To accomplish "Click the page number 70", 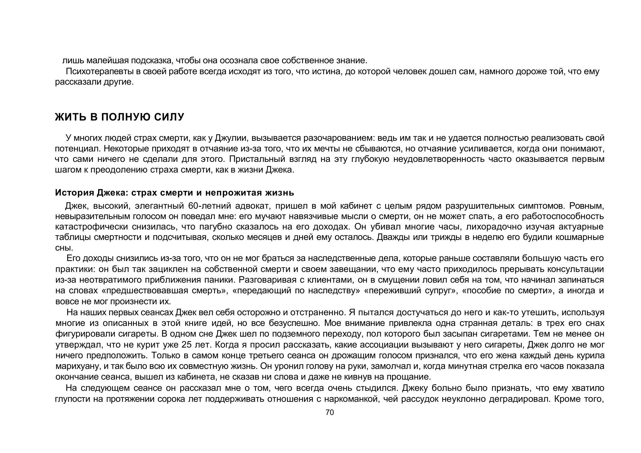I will click(330, 412).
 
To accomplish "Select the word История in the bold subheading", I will click(74, 193).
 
